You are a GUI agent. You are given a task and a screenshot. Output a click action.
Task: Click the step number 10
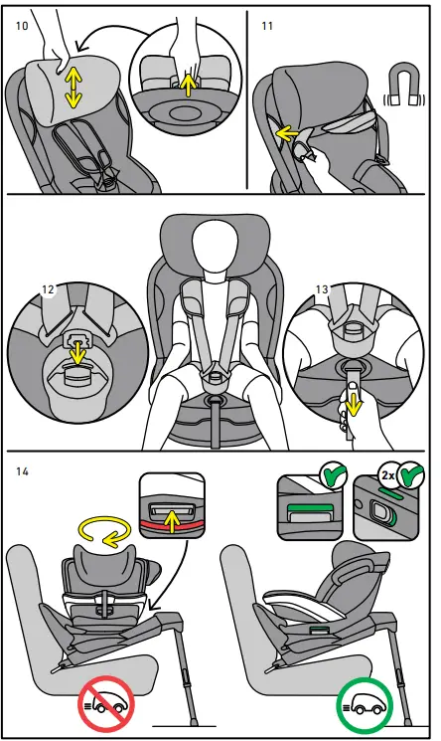click(x=22, y=25)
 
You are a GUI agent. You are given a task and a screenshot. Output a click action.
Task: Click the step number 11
click(x=266, y=25)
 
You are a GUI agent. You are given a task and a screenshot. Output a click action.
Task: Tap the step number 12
click(x=48, y=289)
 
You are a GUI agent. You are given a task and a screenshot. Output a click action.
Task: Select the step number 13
click(x=321, y=289)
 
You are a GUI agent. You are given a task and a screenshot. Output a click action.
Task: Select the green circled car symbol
click(x=365, y=705)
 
